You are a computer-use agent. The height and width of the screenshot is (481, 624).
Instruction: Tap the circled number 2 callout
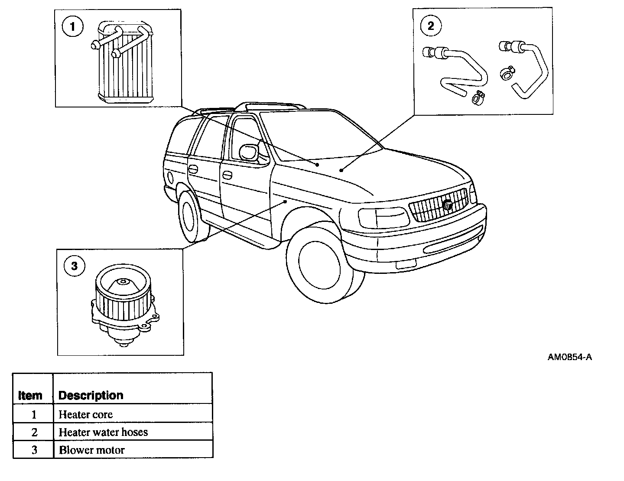pyautogui.click(x=430, y=26)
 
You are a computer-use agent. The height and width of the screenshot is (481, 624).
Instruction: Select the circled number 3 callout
pyautogui.click(x=74, y=266)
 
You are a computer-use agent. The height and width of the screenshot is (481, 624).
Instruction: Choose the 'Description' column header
pyautogui.click(x=91, y=395)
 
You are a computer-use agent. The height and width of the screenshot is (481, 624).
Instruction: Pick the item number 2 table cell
pyautogui.click(x=34, y=432)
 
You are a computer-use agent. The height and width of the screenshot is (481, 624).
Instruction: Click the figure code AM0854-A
pyautogui.click(x=569, y=357)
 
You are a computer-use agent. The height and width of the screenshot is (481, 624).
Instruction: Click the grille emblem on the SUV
pyautogui.click(x=448, y=205)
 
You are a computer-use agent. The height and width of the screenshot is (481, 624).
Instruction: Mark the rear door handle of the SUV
pyautogui.click(x=193, y=168)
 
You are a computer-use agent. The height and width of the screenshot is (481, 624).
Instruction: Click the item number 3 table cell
pyautogui.click(x=34, y=450)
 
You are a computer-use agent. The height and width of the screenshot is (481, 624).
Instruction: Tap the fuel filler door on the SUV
pyautogui.click(x=169, y=177)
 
